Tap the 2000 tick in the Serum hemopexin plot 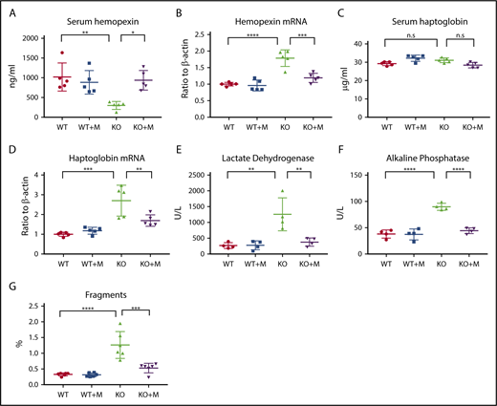point(36,38)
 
